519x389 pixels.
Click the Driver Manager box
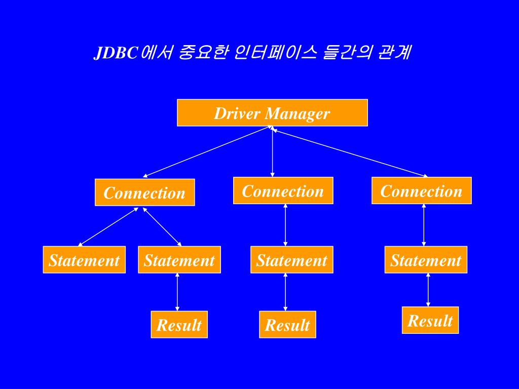[272, 112]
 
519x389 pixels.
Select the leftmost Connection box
[144, 192]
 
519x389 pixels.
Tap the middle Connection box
[283, 190]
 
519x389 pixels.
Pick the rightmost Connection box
[421, 190]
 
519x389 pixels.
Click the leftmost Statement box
[84, 260]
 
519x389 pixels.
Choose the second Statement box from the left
[179, 260]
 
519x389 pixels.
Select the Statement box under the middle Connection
[291, 260]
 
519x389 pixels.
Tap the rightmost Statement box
[425, 260]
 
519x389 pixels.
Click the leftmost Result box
[179, 324]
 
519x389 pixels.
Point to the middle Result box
[287, 324]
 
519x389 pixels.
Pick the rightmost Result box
[430, 320]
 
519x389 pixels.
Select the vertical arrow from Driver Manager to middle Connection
[273, 152]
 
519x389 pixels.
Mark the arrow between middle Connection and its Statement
[285, 225]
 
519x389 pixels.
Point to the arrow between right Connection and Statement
[424, 225]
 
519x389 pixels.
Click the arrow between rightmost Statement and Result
[428, 290]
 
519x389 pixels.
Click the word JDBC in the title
[116, 53]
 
